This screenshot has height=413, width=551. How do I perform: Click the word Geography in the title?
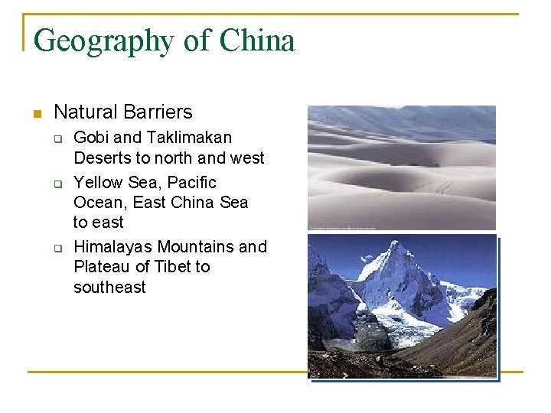[x=104, y=41]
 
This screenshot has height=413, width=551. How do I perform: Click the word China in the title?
[x=256, y=40]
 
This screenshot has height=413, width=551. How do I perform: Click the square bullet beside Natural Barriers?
[x=34, y=113]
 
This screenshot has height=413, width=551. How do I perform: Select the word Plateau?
[x=102, y=266]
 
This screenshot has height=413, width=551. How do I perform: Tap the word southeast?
[x=109, y=287]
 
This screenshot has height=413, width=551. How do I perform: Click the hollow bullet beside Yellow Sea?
[x=57, y=184]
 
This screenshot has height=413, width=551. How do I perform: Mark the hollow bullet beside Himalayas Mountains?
[x=57, y=248]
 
